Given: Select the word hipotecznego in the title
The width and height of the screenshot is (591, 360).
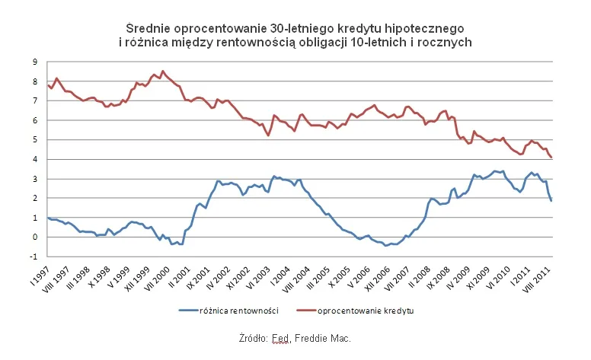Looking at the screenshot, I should [430, 28].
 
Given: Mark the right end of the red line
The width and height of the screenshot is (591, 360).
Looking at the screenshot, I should [551, 158].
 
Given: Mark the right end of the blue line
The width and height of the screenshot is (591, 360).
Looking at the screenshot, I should [551, 200].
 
